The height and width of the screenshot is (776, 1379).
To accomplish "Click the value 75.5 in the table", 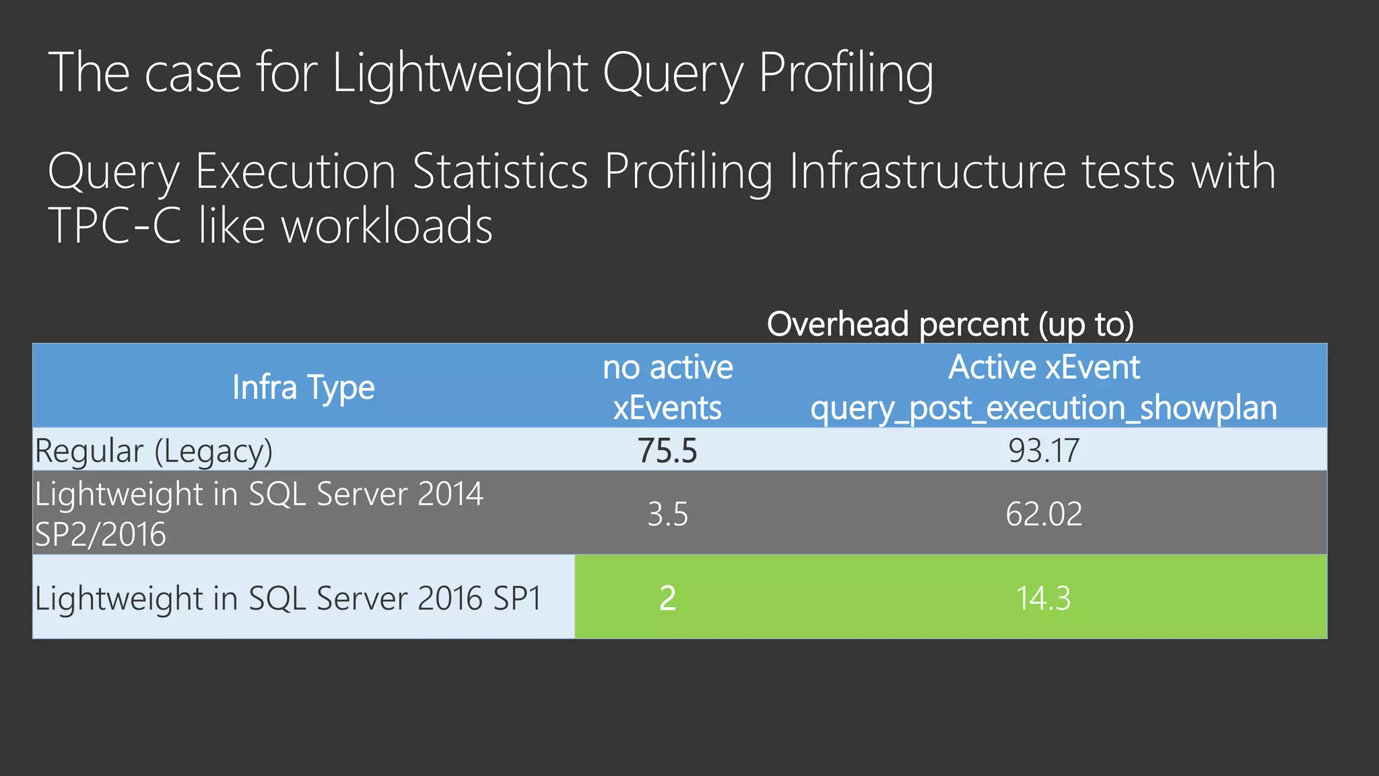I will pos(667,450).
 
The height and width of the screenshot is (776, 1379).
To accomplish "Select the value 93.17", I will pos(1044,450).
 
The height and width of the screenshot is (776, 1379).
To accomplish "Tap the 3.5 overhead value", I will pos(667,514).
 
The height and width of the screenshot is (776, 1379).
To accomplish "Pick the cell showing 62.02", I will pos(1044,514).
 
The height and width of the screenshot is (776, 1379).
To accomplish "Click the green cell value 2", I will pos(667,598).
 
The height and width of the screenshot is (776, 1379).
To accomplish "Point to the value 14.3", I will pos(1043,598).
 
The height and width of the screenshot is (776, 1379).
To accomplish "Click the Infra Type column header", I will pos(303,387).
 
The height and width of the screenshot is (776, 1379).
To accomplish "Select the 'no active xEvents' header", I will pos(667,387).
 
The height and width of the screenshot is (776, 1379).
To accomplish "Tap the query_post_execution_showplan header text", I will pos(1044,408).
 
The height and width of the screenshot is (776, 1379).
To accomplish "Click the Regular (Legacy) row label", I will pos(154,451).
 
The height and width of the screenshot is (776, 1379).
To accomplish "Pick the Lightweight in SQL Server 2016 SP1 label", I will pos(288,598).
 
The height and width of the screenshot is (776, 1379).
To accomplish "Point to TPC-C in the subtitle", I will pos(115,226).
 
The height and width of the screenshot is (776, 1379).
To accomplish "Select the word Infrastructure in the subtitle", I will pos(927,171).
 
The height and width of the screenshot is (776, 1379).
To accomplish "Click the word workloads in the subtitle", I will pos(386,226).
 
